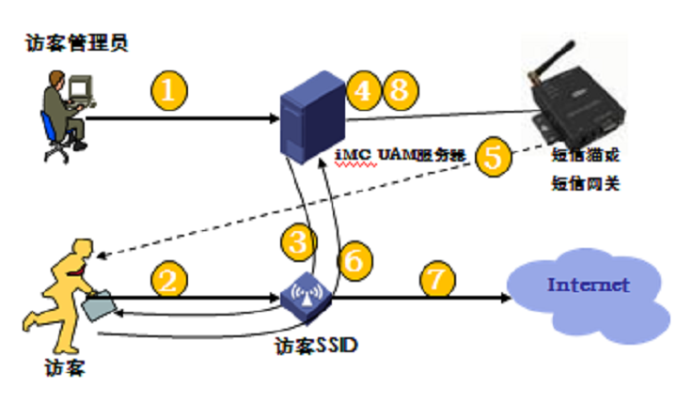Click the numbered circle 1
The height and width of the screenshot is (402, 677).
pyautogui.click(x=169, y=90)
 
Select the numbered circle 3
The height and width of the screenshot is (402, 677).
pyautogui.click(x=297, y=241)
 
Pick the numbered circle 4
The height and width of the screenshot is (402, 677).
pyautogui.click(x=363, y=90)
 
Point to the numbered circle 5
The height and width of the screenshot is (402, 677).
pyautogui.click(x=493, y=157)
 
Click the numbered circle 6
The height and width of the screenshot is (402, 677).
pyautogui.click(x=353, y=260)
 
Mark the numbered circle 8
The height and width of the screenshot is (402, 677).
pyautogui.click(x=399, y=90)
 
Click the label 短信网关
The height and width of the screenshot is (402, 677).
pyautogui.click(x=584, y=183)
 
